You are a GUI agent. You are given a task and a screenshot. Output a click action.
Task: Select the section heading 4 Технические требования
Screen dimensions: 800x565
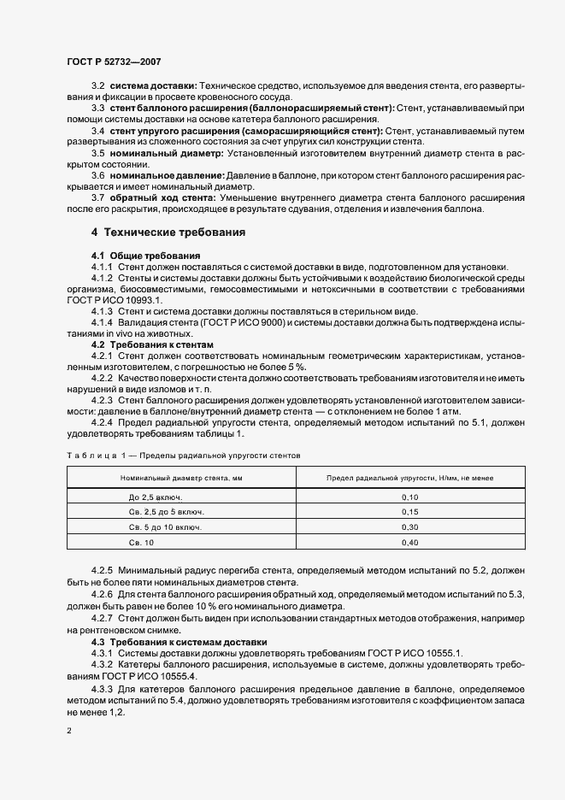pos(168,232)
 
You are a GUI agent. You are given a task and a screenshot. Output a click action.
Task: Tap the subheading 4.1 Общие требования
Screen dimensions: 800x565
pos(145,256)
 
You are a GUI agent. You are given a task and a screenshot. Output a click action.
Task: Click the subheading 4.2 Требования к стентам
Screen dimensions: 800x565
pos(153,344)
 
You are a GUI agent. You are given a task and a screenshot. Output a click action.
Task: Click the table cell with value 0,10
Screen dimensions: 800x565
pos(410,497)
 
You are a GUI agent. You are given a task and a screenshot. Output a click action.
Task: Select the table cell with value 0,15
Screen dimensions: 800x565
pos(410,512)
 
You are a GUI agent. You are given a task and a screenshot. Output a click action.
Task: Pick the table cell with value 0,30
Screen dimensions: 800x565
pos(410,527)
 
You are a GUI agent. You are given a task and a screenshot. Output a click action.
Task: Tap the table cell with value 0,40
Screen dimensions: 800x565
pos(410,543)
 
